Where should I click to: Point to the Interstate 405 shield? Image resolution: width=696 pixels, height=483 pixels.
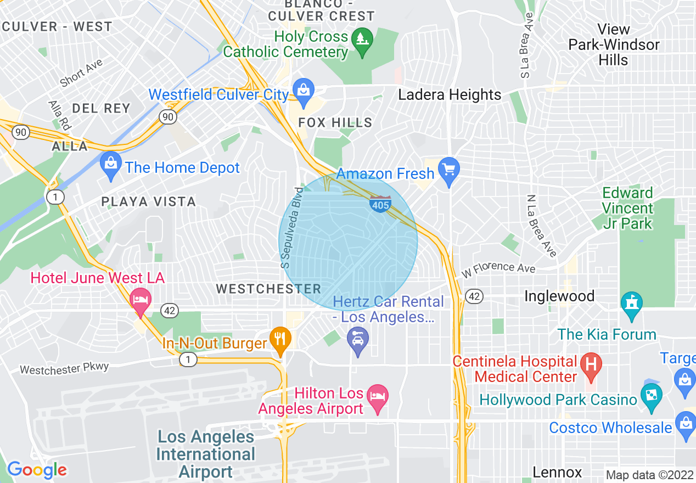[380, 203]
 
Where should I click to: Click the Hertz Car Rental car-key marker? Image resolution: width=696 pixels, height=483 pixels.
[358, 339]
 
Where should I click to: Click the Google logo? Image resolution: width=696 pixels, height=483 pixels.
[37, 470]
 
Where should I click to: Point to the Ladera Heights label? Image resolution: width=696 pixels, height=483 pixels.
[450, 94]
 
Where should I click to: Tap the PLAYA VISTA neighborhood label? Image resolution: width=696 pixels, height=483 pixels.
[149, 202]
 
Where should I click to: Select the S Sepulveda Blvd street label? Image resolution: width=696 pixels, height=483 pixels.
[291, 228]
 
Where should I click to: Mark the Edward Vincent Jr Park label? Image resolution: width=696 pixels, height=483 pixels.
[627, 208]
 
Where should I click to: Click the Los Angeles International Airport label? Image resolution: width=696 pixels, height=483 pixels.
[206, 454]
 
